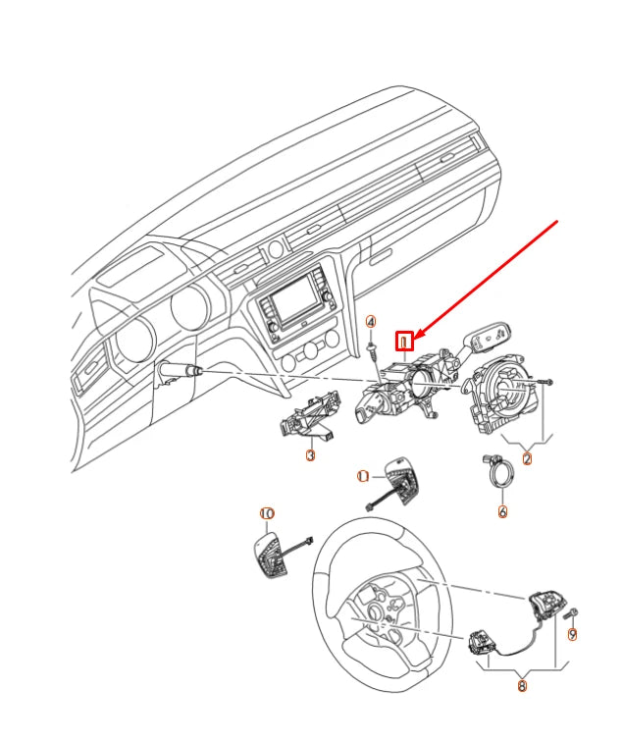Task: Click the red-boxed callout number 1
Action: click(404, 341)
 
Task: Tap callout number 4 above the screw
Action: click(371, 322)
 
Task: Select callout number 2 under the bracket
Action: click(527, 458)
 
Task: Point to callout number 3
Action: click(310, 455)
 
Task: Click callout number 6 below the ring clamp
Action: click(502, 511)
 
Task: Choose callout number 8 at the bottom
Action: click(522, 686)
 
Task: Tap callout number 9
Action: click(572, 635)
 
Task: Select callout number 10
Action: click(267, 513)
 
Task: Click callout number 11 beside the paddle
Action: click(363, 476)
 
